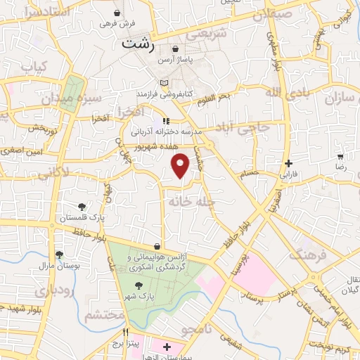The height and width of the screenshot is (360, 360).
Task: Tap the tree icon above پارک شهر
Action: [138, 285]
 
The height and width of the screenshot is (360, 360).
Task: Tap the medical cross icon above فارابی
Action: [289, 162]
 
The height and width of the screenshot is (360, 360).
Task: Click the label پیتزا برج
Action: [127, 345]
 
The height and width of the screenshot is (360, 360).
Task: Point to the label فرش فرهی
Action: [116, 23]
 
